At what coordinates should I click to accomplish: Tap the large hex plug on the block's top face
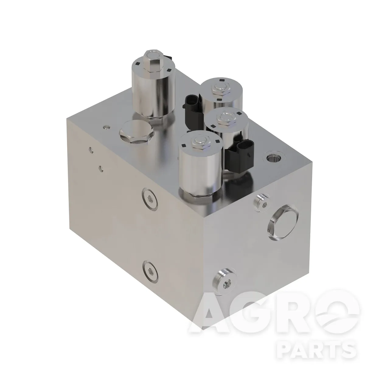tap(136, 132)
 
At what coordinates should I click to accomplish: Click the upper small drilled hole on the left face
tap(92, 151)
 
